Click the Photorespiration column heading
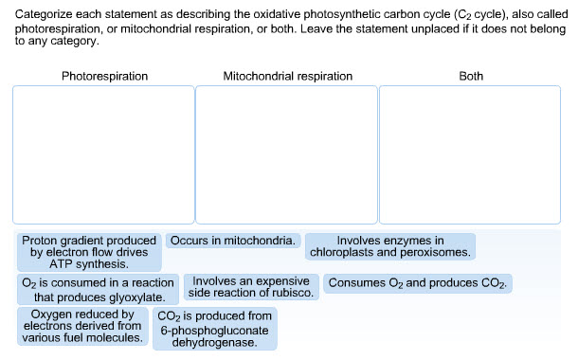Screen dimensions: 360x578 click(104, 76)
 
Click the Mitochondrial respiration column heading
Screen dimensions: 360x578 click(287, 76)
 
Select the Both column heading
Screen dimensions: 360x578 click(470, 76)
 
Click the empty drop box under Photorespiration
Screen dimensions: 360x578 click(103, 154)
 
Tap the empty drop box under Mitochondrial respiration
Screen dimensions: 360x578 click(287, 154)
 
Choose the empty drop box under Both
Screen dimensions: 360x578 click(471, 154)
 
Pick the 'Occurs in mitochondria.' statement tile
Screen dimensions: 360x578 click(233, 242)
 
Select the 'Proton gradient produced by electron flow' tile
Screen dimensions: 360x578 click(89, 253)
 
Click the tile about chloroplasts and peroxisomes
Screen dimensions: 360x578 click(390, 247)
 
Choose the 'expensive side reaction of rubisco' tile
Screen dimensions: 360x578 click(251, 287)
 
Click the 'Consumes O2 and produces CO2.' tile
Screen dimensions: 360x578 click(418, 283)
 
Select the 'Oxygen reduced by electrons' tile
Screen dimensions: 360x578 click(82, 326)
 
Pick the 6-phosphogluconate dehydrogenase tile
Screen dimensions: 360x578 click(214, 329)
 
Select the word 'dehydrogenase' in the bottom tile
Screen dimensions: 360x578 click(214, 342)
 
